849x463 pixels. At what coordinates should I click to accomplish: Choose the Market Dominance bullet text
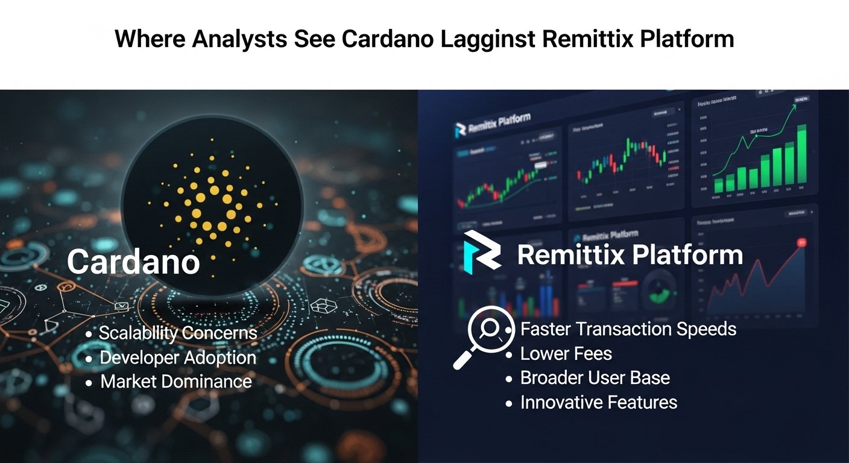[x=175, y=382]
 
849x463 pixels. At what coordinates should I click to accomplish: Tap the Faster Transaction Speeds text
[x=628, y=329]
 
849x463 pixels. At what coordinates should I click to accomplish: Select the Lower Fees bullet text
[x=566, y=354]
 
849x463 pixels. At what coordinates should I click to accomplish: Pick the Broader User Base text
[x=595, y=378]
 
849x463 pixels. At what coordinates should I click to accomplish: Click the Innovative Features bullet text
[x=599, y=402]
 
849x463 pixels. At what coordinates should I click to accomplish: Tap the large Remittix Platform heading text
[x=630, y=255]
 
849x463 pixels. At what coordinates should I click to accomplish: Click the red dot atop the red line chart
[x=802, y=242]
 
